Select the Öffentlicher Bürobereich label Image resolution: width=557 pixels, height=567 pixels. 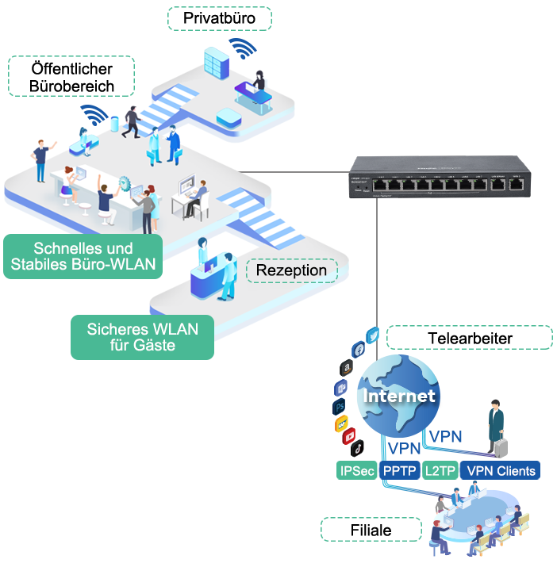click(x=71, y=77)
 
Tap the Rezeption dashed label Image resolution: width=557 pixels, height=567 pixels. click(x=291, y=270)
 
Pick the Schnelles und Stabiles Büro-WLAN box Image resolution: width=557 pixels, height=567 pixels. click(x=83, y=257)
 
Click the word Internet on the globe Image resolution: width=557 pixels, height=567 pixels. click(x=399, y=395)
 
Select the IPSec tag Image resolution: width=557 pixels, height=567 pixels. click(x=356, y=470)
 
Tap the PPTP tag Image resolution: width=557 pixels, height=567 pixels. click(x=399, y=470)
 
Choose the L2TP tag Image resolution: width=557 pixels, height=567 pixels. click(x=440, y=470)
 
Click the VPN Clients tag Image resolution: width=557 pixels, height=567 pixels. click(x=501, y=470)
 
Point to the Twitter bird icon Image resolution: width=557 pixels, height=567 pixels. click(x=374, y=335)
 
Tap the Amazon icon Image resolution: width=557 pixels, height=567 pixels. click(x=346, y=368)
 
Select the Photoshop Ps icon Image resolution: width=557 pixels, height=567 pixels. click(x=340, y=407)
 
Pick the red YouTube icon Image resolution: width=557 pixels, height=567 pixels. click(x=348, y=436)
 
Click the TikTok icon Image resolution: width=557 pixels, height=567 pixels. click(x=358, y=448)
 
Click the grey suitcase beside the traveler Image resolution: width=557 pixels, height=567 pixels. click(x=501, y=446)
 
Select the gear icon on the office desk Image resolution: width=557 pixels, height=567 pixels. click(x=125, y=183)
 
